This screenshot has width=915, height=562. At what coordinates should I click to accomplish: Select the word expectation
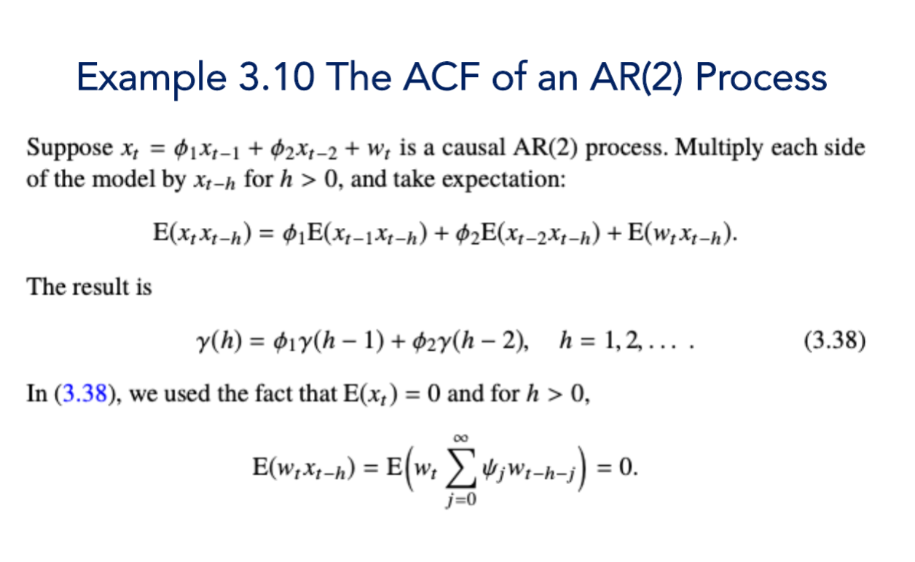511,178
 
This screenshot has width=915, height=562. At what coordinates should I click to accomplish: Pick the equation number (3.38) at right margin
835,341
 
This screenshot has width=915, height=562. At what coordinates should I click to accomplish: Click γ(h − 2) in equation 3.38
487,341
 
